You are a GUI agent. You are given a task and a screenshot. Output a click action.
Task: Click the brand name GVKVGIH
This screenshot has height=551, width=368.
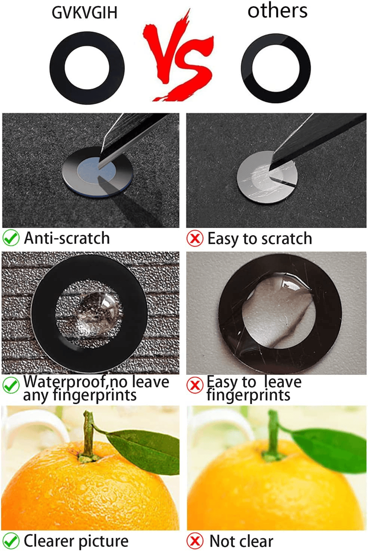pyautogui.click(x=85, y=13)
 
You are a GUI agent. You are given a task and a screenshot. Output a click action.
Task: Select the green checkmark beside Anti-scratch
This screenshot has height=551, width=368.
pyautogui.click(x=11, y=238)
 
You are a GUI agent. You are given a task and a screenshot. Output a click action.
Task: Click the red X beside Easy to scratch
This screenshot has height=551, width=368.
pyautogui.click(x=195, y=238)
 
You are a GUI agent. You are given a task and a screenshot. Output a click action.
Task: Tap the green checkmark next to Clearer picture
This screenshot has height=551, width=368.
pyautogui.click(x=11, y=541)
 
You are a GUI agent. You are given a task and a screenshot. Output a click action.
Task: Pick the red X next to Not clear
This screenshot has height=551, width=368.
pyautogui.click(x=195, y=541)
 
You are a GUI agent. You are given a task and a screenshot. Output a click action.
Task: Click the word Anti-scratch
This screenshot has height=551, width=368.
pyautogui.click(x=67, y=238)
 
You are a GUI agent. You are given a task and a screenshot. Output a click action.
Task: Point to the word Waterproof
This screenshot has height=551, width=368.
pyautogui.click(x=65, y=382)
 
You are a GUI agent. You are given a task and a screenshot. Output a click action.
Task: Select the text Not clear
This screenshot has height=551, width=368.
pyautogui.click(x=242, y=541)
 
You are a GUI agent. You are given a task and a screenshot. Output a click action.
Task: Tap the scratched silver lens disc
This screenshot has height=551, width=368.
pyautogui.click(x=267, y=177)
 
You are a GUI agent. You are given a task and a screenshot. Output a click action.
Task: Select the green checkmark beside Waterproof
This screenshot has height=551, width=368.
pyautogui.click(x=11, y=385)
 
